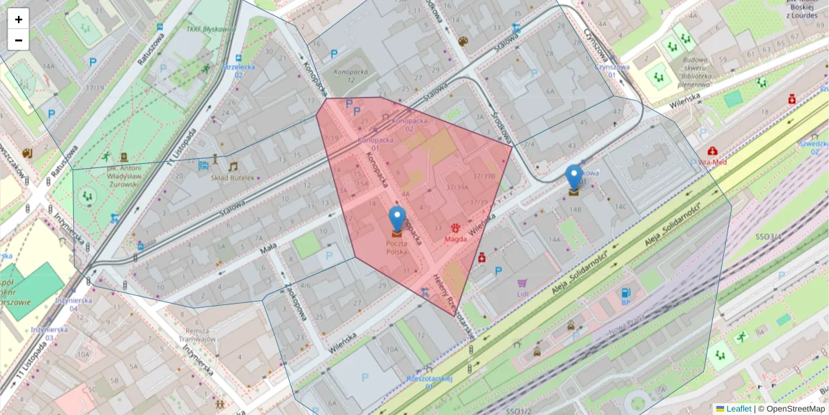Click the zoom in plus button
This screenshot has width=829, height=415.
(19, 19)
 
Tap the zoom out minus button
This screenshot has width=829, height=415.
(19, 40)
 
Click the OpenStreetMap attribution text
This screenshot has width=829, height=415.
(795, 409)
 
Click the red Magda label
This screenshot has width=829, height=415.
(455, 239)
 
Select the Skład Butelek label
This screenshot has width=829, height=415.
(232, 177)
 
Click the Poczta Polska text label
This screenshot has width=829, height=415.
(397, 247)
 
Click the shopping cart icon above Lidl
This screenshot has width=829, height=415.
(522, 283)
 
